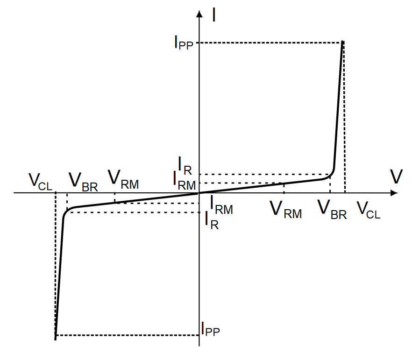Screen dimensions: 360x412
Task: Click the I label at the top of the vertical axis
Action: point(213,14)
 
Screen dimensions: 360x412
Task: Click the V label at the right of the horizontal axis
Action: point(397,177)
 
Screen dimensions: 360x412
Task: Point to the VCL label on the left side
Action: point(40,180)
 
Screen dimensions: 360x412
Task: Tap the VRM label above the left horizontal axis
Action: point(123,179)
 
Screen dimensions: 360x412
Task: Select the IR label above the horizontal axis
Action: point(184,164)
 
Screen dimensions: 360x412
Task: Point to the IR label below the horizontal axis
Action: point(212,220)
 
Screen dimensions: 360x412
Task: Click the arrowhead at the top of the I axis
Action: point(199,13)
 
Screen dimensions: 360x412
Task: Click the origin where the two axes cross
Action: point(199,193)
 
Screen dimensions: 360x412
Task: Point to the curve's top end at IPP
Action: point(343,42)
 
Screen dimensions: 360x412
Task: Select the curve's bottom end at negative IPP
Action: point(56,339)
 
